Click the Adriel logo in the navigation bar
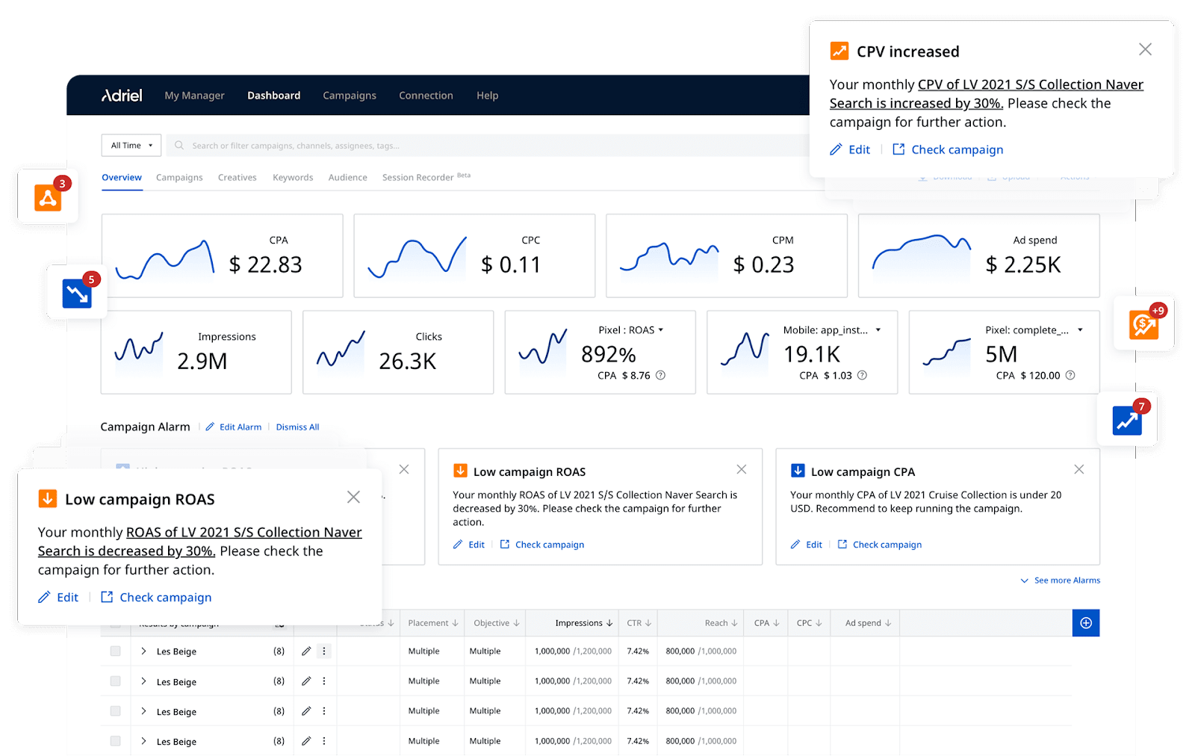(122, 96)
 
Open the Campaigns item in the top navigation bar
(350, 96)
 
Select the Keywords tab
(293, 178)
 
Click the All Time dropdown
(131, 146)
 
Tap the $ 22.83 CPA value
(265, 265)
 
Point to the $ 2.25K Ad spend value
(1023, 265)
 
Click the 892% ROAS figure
(608, 354)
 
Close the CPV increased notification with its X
(1145, 49)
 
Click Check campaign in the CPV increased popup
(957, 150)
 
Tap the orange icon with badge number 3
(48, 197)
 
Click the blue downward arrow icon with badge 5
(77, 293)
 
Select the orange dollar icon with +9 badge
(1143, 324)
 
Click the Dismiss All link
(297, 427)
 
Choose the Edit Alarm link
(240, 427)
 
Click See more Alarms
(1067, 580)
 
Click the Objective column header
(491, 623)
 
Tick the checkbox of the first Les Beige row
(115, 651)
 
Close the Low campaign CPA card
(1078, 470)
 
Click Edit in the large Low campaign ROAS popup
(67, 598)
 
